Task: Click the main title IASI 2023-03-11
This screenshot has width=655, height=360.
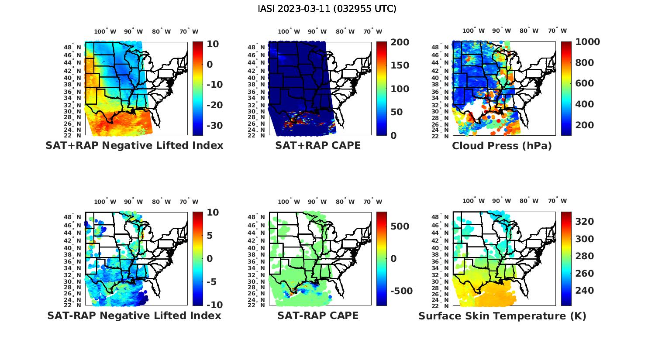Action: click(327, 9)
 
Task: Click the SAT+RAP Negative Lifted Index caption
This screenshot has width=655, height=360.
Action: click(134, 145)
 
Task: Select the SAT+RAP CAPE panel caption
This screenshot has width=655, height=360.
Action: click(318, 145)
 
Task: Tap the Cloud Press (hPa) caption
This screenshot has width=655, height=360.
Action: click(502, 146)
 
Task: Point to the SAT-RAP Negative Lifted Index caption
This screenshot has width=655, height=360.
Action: click(134, 315)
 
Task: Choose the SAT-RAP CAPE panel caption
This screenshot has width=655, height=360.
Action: click(318, 315)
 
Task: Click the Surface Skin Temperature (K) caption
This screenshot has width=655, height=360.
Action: click(502, 316)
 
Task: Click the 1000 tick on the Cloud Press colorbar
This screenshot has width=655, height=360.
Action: click(587, 42)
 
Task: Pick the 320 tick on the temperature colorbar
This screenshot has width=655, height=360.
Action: click(585, 222)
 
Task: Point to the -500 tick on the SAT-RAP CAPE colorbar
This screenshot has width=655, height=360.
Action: click(398, 291)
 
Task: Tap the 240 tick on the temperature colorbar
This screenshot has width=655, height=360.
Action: click(585, 291)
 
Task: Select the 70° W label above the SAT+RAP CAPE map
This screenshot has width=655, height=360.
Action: click(373, 31)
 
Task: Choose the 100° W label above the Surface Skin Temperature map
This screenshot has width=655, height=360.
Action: click(473, 201)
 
